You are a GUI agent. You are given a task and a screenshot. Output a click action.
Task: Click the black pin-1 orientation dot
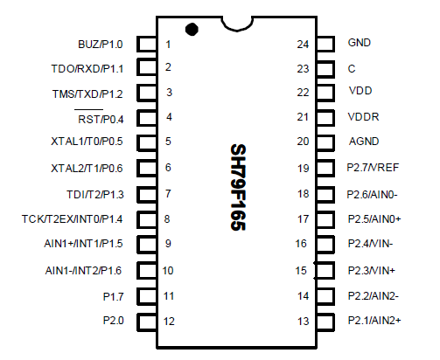(x=192, y=29)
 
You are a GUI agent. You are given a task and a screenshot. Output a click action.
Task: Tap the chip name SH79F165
(x=237, y=188)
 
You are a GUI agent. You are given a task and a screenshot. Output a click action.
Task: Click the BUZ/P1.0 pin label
(x=101, y=44)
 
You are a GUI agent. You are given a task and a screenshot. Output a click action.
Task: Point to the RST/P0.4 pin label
(x=101, y=118)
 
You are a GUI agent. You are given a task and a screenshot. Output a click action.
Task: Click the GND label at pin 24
(x=359, y=42)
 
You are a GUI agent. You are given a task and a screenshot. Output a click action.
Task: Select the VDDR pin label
(x=362, y=117)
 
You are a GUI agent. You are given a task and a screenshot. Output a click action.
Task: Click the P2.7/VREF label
(x=374, y=168)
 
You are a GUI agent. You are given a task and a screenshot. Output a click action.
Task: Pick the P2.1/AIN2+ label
(x=374, y=321)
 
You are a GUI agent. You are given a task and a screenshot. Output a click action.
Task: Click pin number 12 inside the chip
(x=170, y=322)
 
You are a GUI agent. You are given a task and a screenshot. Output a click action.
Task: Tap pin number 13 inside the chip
(x=303, y=322)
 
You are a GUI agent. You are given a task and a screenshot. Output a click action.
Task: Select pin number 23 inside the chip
(x=303, y=68)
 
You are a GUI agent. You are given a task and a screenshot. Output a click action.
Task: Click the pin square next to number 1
(x=148, y=44)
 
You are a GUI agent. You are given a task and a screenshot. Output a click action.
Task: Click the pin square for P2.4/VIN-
(x=325, y=245)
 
